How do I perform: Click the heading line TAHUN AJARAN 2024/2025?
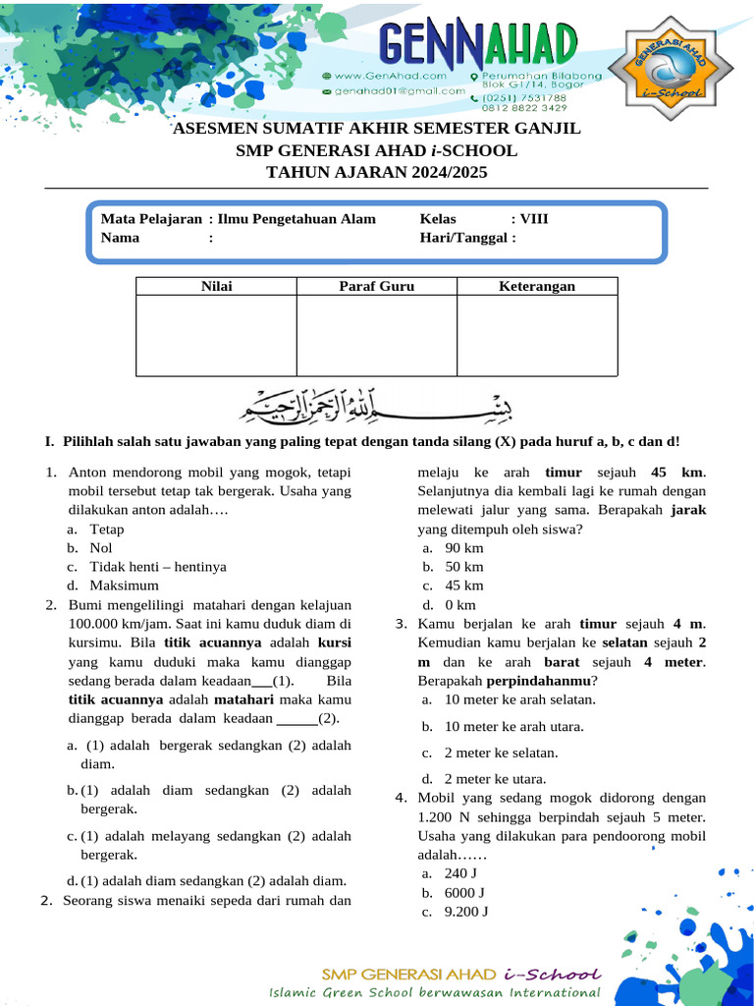point(376,172)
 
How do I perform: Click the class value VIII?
point(534,219)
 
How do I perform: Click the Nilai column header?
point(216,286)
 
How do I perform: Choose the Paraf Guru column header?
point(376,286)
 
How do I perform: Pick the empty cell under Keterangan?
point(536,335)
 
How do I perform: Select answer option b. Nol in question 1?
point(100,547)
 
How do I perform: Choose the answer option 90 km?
point(463,547)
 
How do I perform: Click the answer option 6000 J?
point(464,892)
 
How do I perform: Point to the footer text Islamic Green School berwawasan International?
point(434,992)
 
